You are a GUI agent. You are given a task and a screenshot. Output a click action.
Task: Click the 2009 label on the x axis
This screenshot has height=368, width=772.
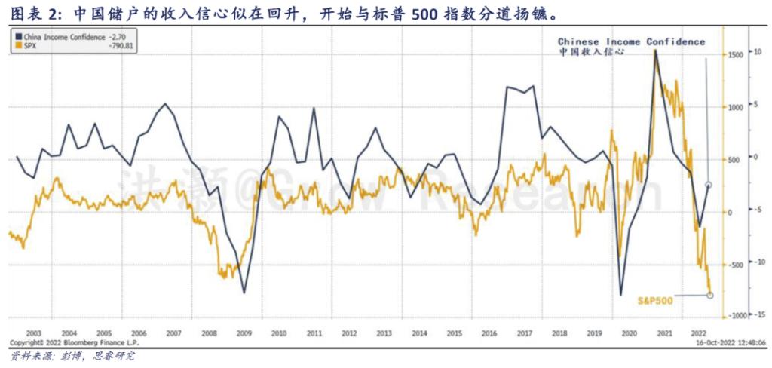pos(244,333)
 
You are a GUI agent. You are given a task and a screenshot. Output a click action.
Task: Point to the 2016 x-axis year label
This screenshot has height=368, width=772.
pos(489,333)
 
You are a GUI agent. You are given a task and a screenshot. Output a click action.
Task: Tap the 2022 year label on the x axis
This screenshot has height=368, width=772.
pos(697,333)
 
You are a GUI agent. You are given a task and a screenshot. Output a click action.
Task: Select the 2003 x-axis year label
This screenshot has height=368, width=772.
pos(34,333)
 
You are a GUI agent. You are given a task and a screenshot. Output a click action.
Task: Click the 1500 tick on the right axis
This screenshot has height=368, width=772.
pos(737,55)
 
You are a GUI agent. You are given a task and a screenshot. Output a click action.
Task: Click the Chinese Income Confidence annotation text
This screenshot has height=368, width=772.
pos(631,42)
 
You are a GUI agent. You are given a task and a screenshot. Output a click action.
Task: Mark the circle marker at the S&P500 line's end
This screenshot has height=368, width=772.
pos(710,295)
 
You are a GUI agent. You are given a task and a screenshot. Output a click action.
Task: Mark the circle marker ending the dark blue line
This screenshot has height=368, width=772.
pos(709,185)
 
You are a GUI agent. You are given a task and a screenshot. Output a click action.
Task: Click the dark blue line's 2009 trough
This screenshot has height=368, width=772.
pos(244,293)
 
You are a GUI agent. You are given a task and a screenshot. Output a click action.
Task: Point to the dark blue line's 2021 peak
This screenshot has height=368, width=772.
pos(655,51)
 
